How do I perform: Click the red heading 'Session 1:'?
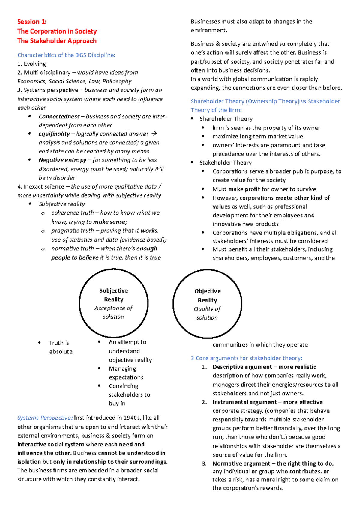click(x=32, y=22)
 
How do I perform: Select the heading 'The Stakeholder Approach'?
click(x=57, y=41)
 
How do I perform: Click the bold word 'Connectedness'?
click(x=59, y=116)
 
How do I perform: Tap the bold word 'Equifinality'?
click(x=54, y=134)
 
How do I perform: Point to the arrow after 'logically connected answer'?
click(x=154, y=134)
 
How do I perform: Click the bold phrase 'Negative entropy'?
click(x=62, y=160)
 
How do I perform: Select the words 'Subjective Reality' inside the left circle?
click(x=113, y=295)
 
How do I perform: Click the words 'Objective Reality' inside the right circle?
click(x=207, y=296)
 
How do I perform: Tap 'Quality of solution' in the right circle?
click(x=207, y=313)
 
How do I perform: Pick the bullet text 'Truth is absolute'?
click(x=60, y=347)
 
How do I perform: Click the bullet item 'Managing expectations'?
click(x=126, y=373)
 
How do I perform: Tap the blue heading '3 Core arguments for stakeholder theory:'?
click(x=246, y=358)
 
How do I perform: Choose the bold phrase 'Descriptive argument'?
click(x=242, y=367)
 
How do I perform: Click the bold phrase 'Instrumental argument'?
click(x=244, y=402)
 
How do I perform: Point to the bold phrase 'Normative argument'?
click(x=241, y=463)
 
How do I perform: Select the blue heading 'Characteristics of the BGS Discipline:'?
click(x=66, y=55)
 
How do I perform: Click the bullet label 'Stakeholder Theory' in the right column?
click(x=225, y=163)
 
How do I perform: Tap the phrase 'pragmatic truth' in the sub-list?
click(x=73, y=231)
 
